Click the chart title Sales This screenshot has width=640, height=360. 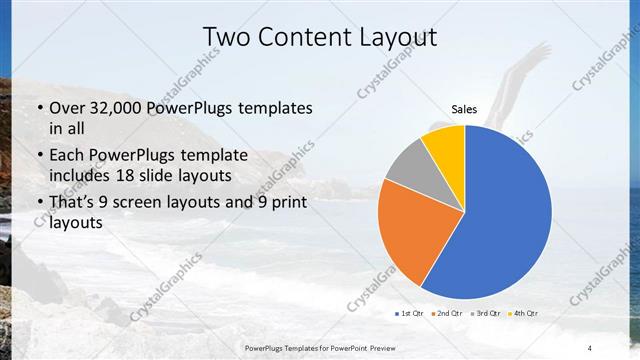click(x=464, y=109)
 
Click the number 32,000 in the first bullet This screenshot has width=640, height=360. click(x=110, y=107)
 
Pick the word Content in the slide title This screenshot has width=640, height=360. click(x=300, y=37)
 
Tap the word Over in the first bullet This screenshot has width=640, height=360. click(x=67, y=107)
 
